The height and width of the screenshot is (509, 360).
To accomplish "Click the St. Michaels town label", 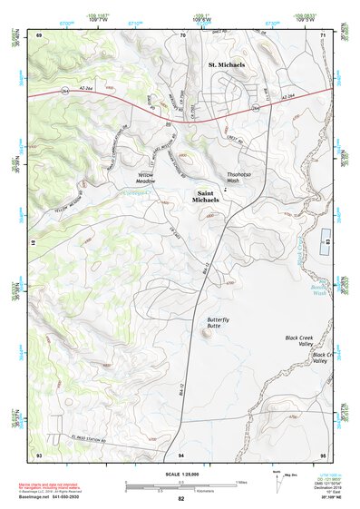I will click(x=226, y=65).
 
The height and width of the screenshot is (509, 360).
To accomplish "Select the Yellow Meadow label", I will click(x=147, y=177).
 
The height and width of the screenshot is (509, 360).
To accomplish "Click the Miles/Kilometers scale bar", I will click(x=181, y=484).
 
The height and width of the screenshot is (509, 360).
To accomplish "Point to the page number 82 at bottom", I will click(x=181, y=499).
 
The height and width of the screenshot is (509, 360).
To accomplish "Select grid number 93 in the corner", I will click(x=38, y=453).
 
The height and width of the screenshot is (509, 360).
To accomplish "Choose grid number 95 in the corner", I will click(x=323, y=453).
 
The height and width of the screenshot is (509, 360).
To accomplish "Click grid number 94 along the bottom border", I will click(x=181, y=453).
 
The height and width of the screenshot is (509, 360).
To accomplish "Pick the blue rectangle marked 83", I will click(x=328, y=242).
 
